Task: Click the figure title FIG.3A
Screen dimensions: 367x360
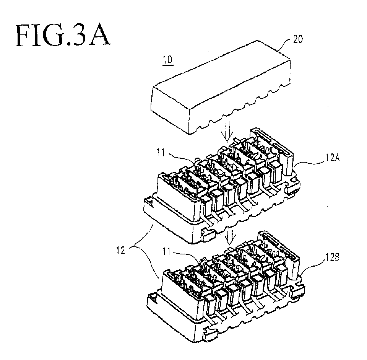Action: click(62, 35)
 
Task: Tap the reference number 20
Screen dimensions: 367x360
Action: click(297, 39)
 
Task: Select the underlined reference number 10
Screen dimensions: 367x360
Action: click(167, 60)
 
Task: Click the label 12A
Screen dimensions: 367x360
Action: click(332, 158)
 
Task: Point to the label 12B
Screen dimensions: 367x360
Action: click(332, 257)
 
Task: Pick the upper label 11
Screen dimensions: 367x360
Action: click(161, 153)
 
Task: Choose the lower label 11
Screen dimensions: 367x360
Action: click(167, 252)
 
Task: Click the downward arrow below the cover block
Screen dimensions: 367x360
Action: click(227, 130)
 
